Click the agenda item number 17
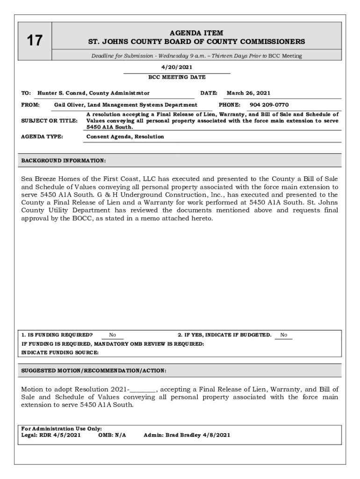point(34,41)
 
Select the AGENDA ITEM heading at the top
point(196,33)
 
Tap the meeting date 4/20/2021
point(176,68)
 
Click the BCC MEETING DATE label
point(177,77)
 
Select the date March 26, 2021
point(248,93)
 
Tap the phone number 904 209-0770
point(269,105)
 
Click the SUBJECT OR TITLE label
point(50,121)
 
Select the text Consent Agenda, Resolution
point(125,137)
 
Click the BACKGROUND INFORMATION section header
point(64,161)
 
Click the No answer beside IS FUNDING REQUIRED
point(113,335)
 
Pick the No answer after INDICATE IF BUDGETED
point(283,335)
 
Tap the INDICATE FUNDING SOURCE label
point(60,353)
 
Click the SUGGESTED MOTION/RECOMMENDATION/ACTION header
point(94,370)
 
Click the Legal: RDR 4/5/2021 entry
point(51,435)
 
